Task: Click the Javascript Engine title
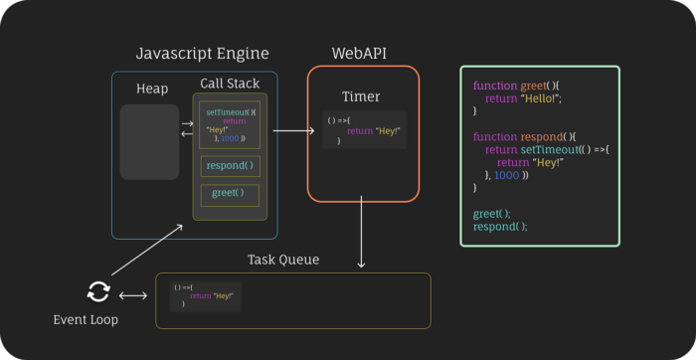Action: (x=202, y=53)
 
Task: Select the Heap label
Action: (x=152, y=90)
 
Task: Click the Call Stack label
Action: (x=230, y=85)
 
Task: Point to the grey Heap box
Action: (x=149, y=142)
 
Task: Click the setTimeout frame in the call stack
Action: (x=230, y=123)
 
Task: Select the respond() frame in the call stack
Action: (x=230, y=165)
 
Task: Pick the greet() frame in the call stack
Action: (x=230, y=193)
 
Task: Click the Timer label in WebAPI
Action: (x=361, y=96)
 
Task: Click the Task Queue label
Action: (x=283, y=260)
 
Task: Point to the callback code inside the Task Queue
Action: (x=204, y=295)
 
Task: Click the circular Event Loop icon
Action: (x=97, y=291)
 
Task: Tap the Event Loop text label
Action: (x=85, y=319)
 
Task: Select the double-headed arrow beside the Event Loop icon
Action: (x=132, y=295)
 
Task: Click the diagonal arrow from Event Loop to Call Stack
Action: (x=147, y=250)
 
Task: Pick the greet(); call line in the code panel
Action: (x=491, y=213)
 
